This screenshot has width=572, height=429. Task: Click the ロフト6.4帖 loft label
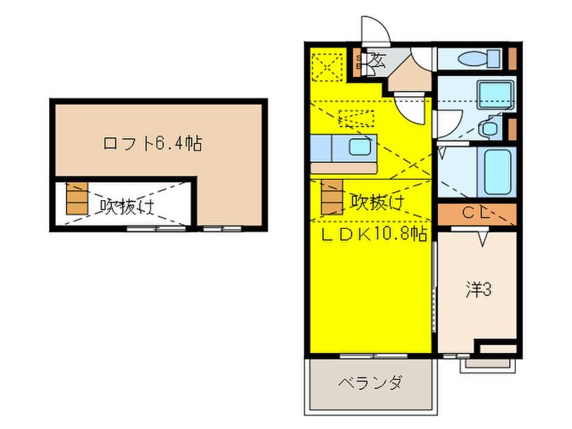click(x=152, y=144)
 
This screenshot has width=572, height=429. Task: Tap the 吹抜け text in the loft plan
click(x=127, y=204)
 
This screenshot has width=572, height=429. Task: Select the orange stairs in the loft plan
click(x=76, y=199)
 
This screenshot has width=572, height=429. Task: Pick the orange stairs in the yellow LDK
click(x=332, y=197)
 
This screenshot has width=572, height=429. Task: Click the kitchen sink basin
click(x=359, y=148)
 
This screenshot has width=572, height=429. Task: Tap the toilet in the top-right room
click(x=475, y=59)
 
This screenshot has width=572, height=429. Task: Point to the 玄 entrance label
click(x=378, y=59)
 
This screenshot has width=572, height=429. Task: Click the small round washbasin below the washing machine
click(x=489, y=128)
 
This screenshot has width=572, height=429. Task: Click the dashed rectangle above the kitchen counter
click(x=355, y=118)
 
